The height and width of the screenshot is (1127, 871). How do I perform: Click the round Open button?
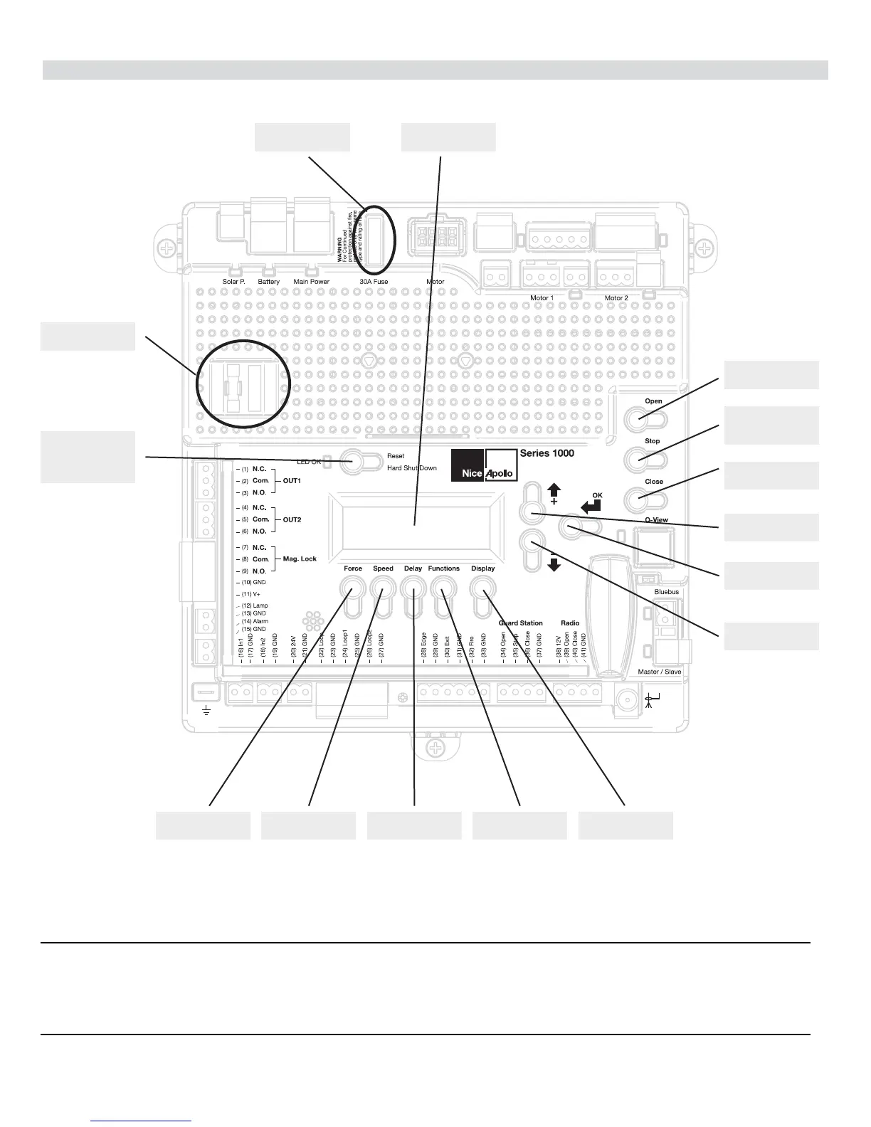pos(638,420)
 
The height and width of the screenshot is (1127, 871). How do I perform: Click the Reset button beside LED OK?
pos(352,461)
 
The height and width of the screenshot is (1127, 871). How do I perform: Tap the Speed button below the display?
pos(383,588)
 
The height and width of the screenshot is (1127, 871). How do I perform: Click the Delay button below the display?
pos(413,588)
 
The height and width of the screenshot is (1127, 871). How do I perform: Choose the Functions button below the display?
pos(443,588)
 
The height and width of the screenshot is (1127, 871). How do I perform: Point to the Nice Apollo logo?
pos(484,466)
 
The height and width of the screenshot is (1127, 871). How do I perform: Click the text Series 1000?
pos(547,453)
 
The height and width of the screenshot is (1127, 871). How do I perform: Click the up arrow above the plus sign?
pos(554,490)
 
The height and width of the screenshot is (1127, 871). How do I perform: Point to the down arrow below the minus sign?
pos(554,564)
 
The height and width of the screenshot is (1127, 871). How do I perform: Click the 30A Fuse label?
pos(374,282)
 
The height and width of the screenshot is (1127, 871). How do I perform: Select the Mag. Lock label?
pos(300,559)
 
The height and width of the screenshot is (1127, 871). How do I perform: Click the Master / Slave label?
pos(659,672)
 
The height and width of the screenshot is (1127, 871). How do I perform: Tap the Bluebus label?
pos(666,592)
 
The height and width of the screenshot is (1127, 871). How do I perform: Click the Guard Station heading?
pos(520,623)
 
